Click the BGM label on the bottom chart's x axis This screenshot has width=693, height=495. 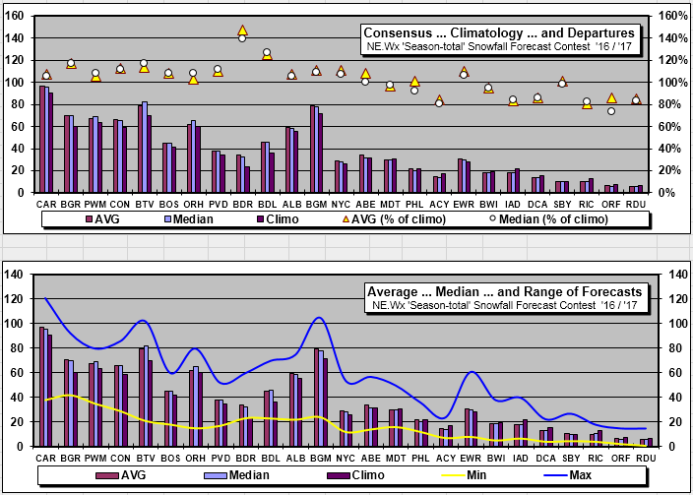[317, 458]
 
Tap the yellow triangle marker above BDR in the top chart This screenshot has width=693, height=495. [242, 31]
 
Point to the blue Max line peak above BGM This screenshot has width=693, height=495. [318, 318]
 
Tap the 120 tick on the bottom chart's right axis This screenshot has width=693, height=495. [673, 298]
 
